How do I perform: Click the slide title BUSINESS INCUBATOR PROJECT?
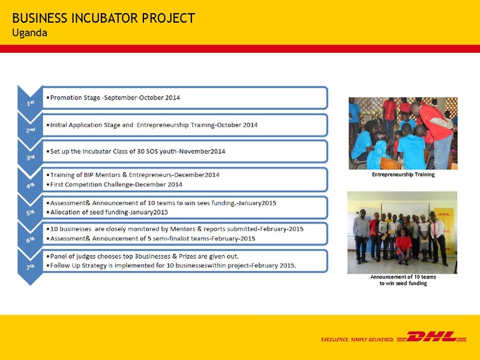coord(103,18)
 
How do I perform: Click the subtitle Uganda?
coord(30,32)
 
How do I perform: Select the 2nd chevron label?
coord(30,129)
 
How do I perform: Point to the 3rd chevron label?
coord(30,157)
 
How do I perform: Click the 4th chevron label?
coord(30,185)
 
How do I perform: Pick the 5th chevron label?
coord(30,212)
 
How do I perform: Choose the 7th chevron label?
coord(30,266)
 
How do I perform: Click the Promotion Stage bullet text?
coord(114,97)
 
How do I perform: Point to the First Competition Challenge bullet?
coord(116,184)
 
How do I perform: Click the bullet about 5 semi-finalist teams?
coord(152,238)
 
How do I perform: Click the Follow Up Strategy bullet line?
coord(173,265)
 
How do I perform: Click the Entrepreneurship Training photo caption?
coord(403,175)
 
